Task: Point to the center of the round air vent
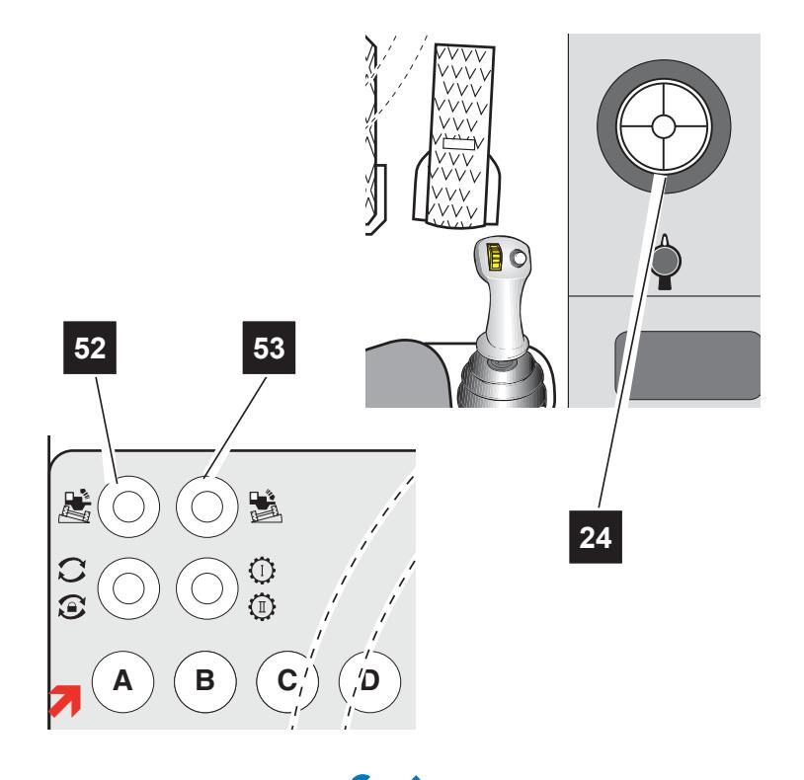click(664, 126)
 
